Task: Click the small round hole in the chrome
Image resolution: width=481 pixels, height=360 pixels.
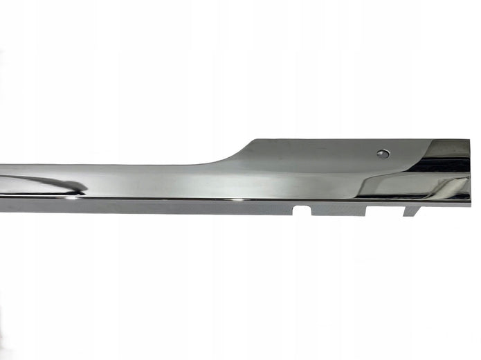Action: (x=383, y=154)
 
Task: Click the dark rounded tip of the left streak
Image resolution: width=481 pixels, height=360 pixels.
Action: (x=80, y=188)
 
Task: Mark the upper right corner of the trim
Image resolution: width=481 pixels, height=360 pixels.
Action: (x=469, y=140)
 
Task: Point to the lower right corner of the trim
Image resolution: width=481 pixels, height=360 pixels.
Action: (x=469, y=203)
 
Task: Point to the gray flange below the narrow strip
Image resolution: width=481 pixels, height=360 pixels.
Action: (x=138, y=204)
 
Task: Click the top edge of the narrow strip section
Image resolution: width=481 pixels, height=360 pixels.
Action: (x=104, y=165)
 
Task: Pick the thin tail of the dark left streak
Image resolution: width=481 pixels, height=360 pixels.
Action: (x=21, y=179)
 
